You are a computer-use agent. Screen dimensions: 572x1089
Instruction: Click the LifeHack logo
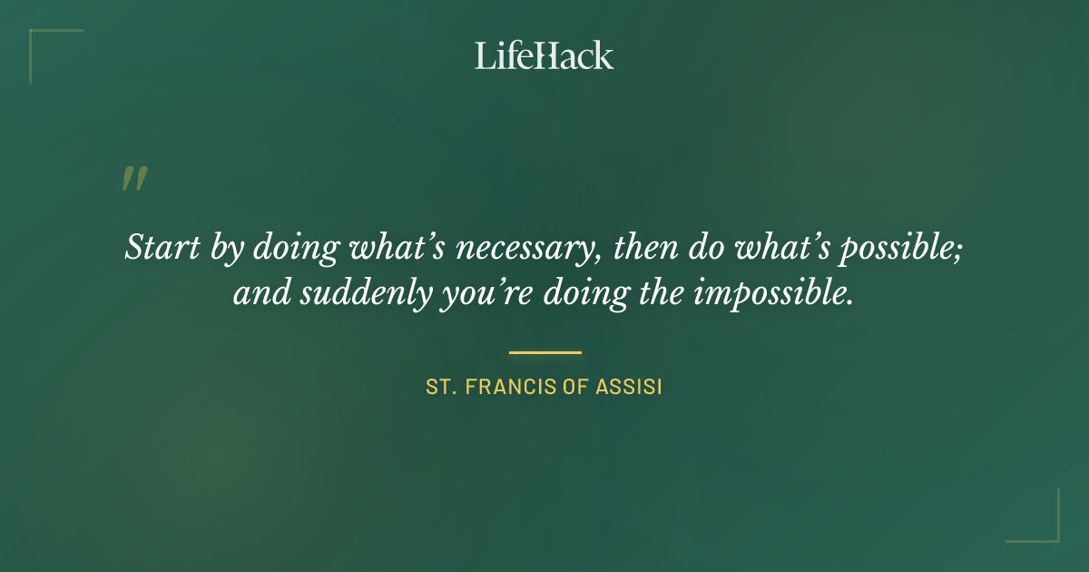point(544,55)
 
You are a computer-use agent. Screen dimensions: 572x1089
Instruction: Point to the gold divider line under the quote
point(544,352)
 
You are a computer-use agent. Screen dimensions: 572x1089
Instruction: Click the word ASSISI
point(629,388)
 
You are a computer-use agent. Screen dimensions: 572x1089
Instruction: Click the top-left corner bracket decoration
point(41,41)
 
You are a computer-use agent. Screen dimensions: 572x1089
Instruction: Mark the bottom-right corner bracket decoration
point(1047,530)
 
